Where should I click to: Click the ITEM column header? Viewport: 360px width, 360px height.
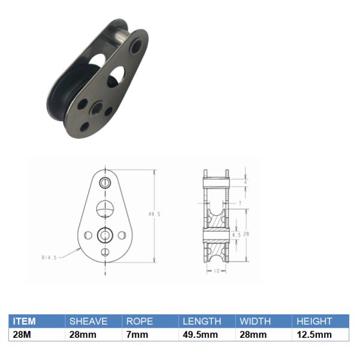25,322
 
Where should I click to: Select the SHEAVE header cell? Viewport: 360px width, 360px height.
88,322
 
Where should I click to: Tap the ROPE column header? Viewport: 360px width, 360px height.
139,322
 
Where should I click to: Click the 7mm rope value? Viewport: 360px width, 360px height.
136,335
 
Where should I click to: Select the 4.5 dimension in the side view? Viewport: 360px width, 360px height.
236,235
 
